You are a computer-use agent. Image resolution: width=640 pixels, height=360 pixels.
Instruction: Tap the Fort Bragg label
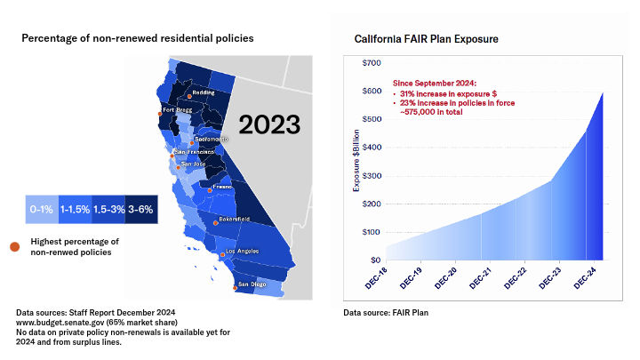pyautogui.click(x=176, y=110)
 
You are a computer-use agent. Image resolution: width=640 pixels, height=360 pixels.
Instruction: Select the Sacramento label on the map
pyautogui.click(x=211, y=139)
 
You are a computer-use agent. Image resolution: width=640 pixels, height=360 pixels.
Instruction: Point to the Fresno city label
pyautogui.click(x=222, y=188)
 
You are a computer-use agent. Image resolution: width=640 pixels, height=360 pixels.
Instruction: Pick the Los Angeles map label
pyautogui.click(x=241, y=252)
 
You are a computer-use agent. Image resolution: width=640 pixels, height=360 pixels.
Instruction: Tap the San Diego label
pyautogui.click(x=252, y=284)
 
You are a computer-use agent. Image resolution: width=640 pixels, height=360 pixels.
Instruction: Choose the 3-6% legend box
pyautogui.click(x=141, y=211)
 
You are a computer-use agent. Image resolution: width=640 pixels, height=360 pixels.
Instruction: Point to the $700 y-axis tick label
pyautogui.click(x=372, y=63)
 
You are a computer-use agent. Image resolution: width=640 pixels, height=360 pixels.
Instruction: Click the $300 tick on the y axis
pyautogui.click(x=372, y=176)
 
